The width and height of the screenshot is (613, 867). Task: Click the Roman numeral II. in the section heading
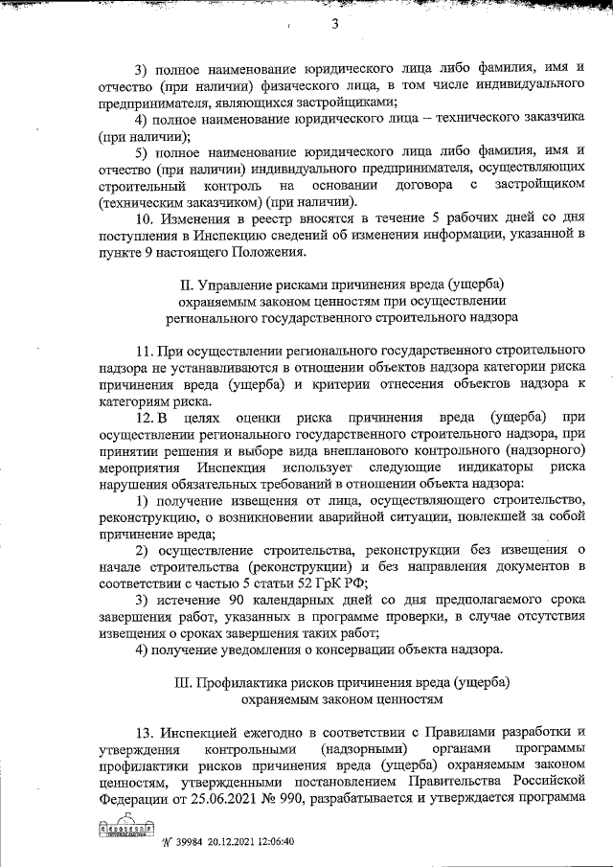pos(187,284)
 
